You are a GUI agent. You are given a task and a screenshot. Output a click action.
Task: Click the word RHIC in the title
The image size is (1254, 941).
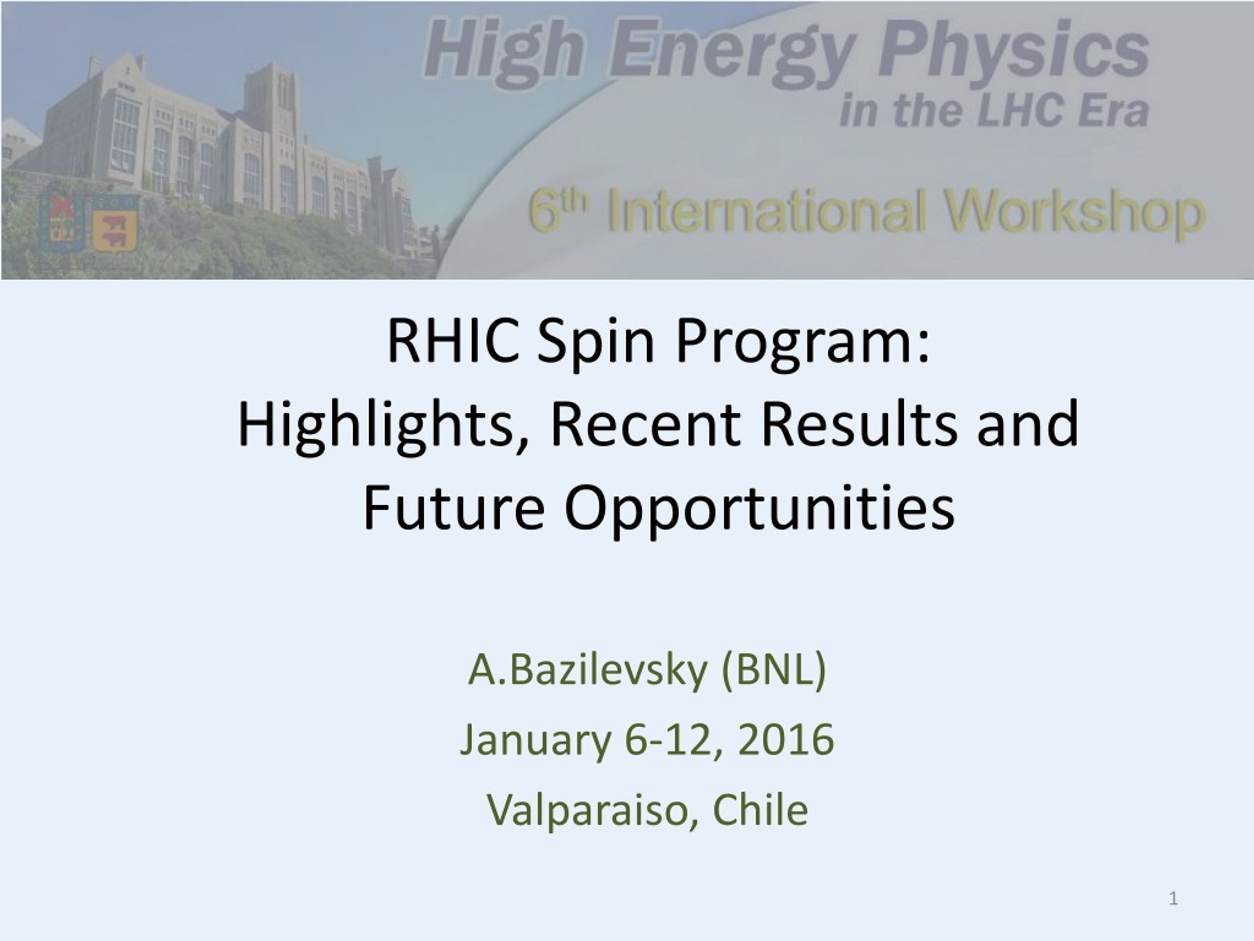pyautogui.click(x=453, y=342)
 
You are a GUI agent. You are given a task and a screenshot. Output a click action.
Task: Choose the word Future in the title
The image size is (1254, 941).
pyautogui.click(x=454, y=507)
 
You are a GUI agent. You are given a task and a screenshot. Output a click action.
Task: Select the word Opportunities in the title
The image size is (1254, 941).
pyautogui.click(x=760, y=509)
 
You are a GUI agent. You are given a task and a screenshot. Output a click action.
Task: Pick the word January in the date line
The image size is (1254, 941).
pyautogui.click(x=536, y=741)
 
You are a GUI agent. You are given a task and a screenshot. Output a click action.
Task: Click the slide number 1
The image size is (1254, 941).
pyautogui.click(x=1174, y=898)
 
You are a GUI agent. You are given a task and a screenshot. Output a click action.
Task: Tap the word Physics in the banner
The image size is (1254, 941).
pyautogui.click(x=1013, y=54)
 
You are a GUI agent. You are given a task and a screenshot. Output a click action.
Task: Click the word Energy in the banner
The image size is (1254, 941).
pyautogui.click(x=731, y=54)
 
